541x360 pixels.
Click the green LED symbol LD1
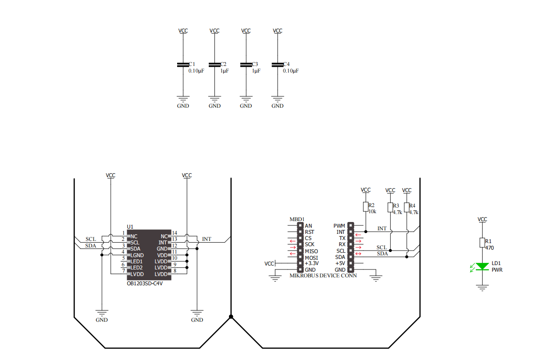483,266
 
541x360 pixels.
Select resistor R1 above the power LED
483,242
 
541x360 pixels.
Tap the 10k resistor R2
365,207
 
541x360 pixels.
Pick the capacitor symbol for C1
183,65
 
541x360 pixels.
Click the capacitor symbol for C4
277,65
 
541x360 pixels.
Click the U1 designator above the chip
130,227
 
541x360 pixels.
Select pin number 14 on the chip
174,233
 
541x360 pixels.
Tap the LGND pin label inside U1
138,255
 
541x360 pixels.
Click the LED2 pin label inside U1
137,268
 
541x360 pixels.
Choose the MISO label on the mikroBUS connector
311,251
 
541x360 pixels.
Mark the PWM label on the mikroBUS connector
339,226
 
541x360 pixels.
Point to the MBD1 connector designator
297,219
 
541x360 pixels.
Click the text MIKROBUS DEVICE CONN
323,276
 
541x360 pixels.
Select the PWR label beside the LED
497,269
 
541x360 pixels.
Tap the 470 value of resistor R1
490,247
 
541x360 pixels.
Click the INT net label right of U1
207,240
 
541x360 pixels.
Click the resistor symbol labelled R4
407,207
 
